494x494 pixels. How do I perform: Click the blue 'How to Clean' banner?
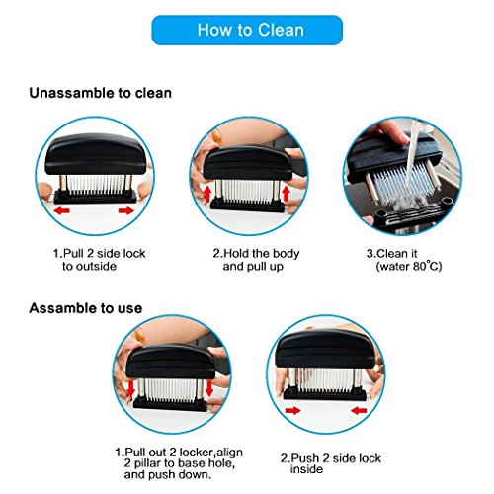pyautogui.click(x=247, y=30)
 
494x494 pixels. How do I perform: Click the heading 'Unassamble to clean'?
pyautogui.click(x=101, y=93)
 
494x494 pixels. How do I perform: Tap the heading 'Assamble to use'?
pyautogui.click(x=86, y=308)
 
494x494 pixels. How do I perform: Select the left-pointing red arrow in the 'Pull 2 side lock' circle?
pyautogui.click(x=62, y=210)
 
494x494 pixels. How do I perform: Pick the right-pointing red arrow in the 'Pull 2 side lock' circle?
pyautogui.click(x=126, y=210)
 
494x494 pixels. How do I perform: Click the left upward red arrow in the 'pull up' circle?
pyautogui.click(x=207, y=194)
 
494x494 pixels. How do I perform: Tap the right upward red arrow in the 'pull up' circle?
pyautogui.click(x=286, y=194)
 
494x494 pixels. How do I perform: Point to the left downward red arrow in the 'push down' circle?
pyautogui.click(x=131, y=388)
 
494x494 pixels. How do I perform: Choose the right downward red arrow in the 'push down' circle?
pyautogui.click(x=209, y=388)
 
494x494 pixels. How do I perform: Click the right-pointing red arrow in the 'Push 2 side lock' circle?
pyautogui.click(x=292, y=410)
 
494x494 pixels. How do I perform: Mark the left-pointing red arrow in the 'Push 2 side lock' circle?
pyautogui.click(x=359, y=410)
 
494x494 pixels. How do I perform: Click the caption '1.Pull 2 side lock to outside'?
pyautogui.click(x=99, y=260)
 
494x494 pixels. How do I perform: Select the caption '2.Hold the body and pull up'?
pyautogui.click(x=256, y=260)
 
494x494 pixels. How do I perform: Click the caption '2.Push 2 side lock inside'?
pyautogui.click(x=331, y=463)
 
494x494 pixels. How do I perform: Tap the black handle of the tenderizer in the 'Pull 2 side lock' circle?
pyautogui.click(x=96, y=154)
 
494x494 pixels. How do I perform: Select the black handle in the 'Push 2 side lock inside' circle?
pyautogui.click(x=325, y=349)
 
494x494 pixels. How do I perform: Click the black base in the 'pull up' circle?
pyautogui.click(x=247, y=205)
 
